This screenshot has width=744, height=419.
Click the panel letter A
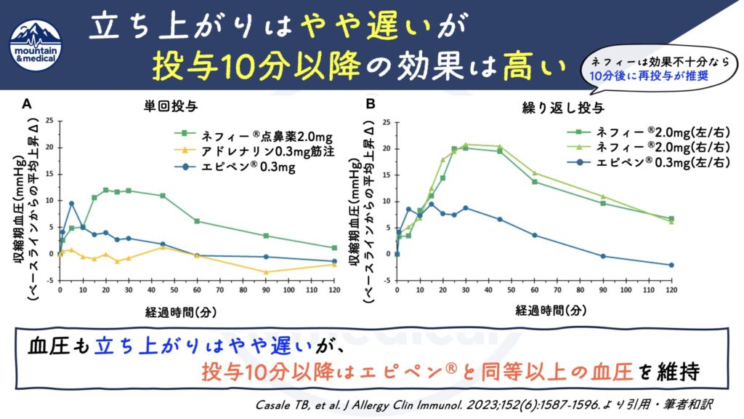click(27, 105)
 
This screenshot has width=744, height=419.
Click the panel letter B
click(371, 105)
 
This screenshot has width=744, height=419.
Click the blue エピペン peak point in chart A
click(71, 203)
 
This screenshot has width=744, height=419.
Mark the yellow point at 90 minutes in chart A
click(266, 272)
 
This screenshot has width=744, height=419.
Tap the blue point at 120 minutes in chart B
click(671, 265)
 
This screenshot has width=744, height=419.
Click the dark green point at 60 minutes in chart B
click(535, 181)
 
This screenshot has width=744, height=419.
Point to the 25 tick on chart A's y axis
click(50, 121)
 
